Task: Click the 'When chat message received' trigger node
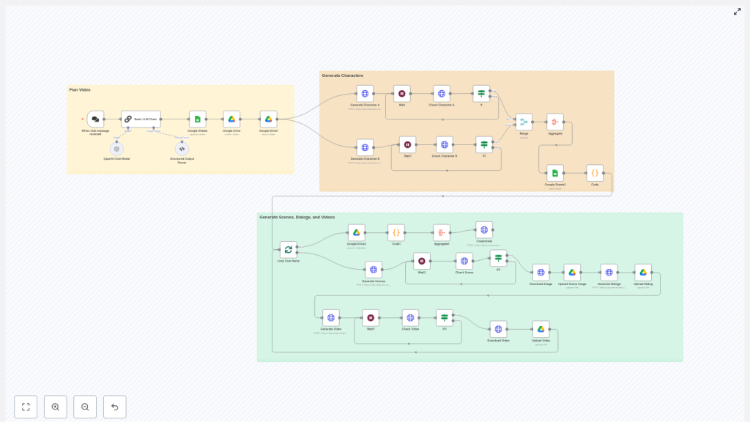click(x=95, y=119)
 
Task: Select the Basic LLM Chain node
click(x=141, y=119)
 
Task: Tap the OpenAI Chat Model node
click(x=116, y=149)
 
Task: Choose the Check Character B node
click(x=445, y=144)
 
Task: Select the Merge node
click(x=524, y=122)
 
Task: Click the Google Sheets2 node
click(x=555, y=173)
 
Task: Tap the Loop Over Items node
click(x=288, y=250)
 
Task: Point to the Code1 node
click(x=396, y=232)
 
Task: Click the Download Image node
click(x=541, y=273)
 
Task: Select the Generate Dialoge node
click(x=609, y=273)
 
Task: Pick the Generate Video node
click(x=331, y=318)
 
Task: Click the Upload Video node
click(x=541, y=329)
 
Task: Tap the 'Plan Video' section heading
click(x=80, y=89)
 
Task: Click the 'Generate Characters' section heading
click(x=342, y=75)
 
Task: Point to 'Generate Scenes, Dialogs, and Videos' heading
click(x=297, y=217)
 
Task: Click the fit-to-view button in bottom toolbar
click(x=26, y=407)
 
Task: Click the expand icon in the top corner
click(x=737, y=12)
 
